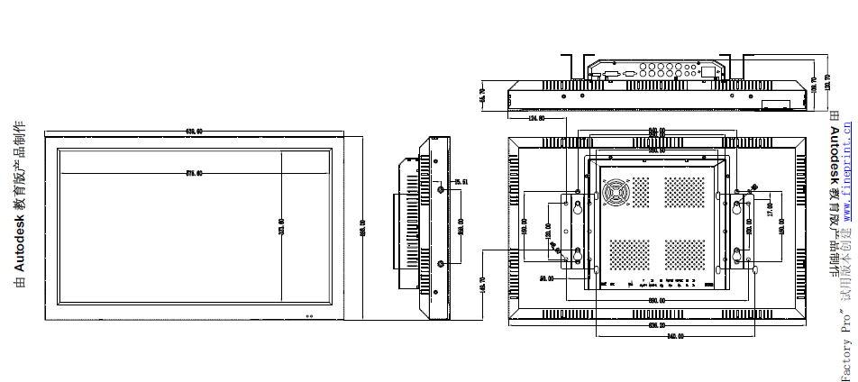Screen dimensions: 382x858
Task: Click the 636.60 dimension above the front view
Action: pos(194,132)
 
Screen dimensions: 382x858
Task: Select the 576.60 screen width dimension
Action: pos(194,173)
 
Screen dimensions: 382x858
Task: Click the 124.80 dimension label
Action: pos(535,118)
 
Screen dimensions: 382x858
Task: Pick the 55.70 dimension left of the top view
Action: pos(483,96)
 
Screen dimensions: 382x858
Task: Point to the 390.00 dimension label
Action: pos(656,300)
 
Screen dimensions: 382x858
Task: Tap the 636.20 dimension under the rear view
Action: pos(655,326)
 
